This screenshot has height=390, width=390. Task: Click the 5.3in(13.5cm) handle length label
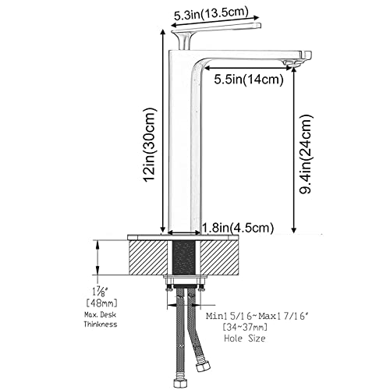(211, 13)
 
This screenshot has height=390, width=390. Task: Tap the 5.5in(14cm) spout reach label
(249, 80)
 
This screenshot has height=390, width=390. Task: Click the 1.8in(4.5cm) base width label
(238, 228)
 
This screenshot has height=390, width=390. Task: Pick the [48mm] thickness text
(101, 303)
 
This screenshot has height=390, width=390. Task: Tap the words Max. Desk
(100, 315)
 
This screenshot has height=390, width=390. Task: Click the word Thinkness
(101, 324)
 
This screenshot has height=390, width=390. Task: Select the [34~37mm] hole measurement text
(245, 327)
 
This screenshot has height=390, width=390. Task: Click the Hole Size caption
(245, 339)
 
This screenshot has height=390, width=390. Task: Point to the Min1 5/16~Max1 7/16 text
(258, 316)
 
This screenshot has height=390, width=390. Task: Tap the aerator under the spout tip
(290, 62)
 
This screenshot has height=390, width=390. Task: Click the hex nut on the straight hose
(180, 383)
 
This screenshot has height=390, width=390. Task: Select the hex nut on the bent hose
(203, 367)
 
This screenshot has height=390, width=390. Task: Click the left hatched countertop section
(148, 257)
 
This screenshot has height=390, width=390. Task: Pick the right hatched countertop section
(219, 257)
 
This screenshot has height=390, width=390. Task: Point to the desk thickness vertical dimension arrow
(97, 257)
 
